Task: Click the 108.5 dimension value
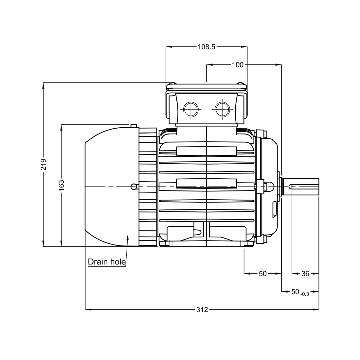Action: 206,47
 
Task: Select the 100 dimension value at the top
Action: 238,65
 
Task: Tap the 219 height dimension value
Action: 44,164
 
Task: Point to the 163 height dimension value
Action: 62,185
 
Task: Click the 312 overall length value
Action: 202,309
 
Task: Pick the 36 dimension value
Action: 305,274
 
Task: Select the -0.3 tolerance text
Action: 305,294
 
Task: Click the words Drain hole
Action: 107,262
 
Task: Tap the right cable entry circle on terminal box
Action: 222,109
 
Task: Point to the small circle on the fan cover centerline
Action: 134,187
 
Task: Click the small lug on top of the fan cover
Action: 134,126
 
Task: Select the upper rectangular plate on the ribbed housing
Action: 206,151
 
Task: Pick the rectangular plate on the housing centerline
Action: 206,183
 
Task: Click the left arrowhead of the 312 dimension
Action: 87,309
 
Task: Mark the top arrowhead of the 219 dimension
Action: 44,85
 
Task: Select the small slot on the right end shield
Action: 274,209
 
